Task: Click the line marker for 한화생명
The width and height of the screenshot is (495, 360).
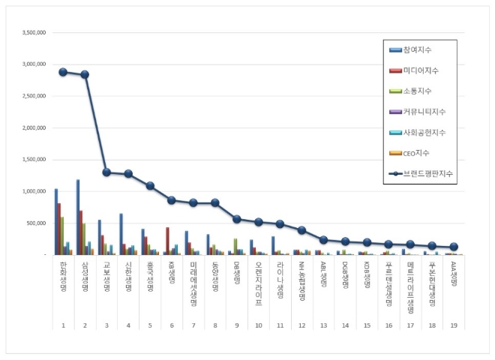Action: (x=63, y=72)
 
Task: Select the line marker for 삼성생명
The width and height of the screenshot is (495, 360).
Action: (x=85, y=74)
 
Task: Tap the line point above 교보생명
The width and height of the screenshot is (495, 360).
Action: (x=106, y=172)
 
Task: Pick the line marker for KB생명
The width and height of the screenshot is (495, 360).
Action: (x=172, y=200)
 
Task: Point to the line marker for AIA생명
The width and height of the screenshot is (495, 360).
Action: (x=454, y=247)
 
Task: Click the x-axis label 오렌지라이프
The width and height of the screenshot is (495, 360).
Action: (x=259, y=278)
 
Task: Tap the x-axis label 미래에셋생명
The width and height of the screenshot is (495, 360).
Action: (x=193, y=280)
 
